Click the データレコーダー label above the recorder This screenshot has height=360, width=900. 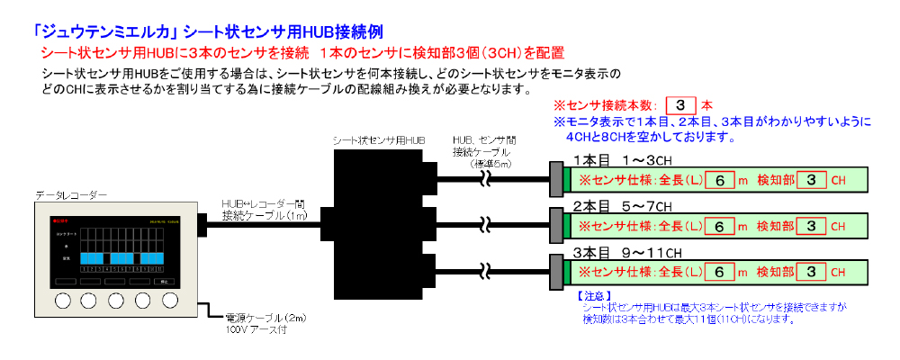pyautogui.click(x=71, y=195)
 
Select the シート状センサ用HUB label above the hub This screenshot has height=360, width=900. pyautogui.click(x=379, y=141)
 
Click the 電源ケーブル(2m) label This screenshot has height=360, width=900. pyautogui.click(x=264, y=319)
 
